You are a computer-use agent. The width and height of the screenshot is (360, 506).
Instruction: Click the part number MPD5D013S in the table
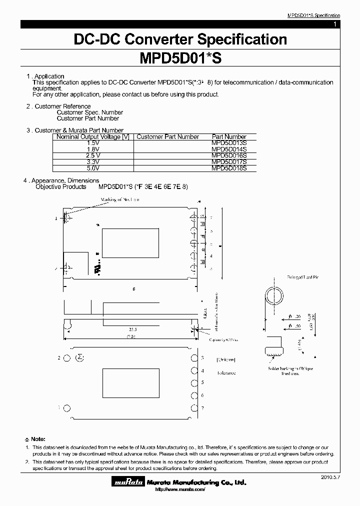[229, 143]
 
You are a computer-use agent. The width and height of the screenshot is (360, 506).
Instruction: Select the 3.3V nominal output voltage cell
[93, 162]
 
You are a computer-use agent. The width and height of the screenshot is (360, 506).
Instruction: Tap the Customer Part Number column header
[168, 136]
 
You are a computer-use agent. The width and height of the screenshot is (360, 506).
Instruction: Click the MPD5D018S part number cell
[229, 168]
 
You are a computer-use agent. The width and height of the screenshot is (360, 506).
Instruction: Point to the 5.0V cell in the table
[93, 168]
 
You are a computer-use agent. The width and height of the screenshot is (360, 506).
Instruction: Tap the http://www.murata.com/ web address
[180, 489]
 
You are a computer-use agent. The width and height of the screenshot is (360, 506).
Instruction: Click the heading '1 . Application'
[45, 76]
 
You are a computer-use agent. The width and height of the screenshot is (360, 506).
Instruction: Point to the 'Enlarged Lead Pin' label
[289, 276]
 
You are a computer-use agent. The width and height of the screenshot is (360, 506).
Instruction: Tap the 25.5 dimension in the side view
[132, 329]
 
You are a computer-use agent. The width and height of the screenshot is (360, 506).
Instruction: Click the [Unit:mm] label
[226, 359]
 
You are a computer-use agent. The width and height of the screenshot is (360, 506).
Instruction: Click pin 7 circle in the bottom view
[193, 407]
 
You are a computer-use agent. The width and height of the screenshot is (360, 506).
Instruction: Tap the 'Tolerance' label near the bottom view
[226, 372]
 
